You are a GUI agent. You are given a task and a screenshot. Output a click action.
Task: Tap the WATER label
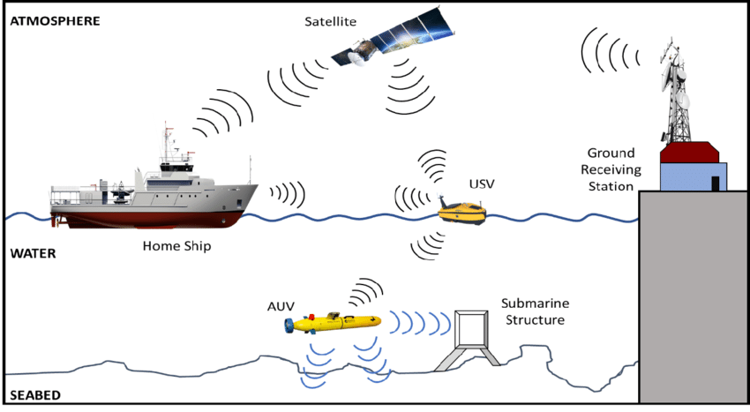pyautogui.click(x=33, y=254)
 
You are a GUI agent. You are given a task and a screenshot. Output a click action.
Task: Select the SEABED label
pyautogui.click(x=34, y=393)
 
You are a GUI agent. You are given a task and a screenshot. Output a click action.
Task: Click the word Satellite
pyautogui.click(x=329, y=20)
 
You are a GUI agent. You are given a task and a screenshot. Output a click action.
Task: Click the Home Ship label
pyautogui.click(x=176, y=246)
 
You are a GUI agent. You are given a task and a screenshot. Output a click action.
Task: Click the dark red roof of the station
pyautogui.click(x=694, y=152)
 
